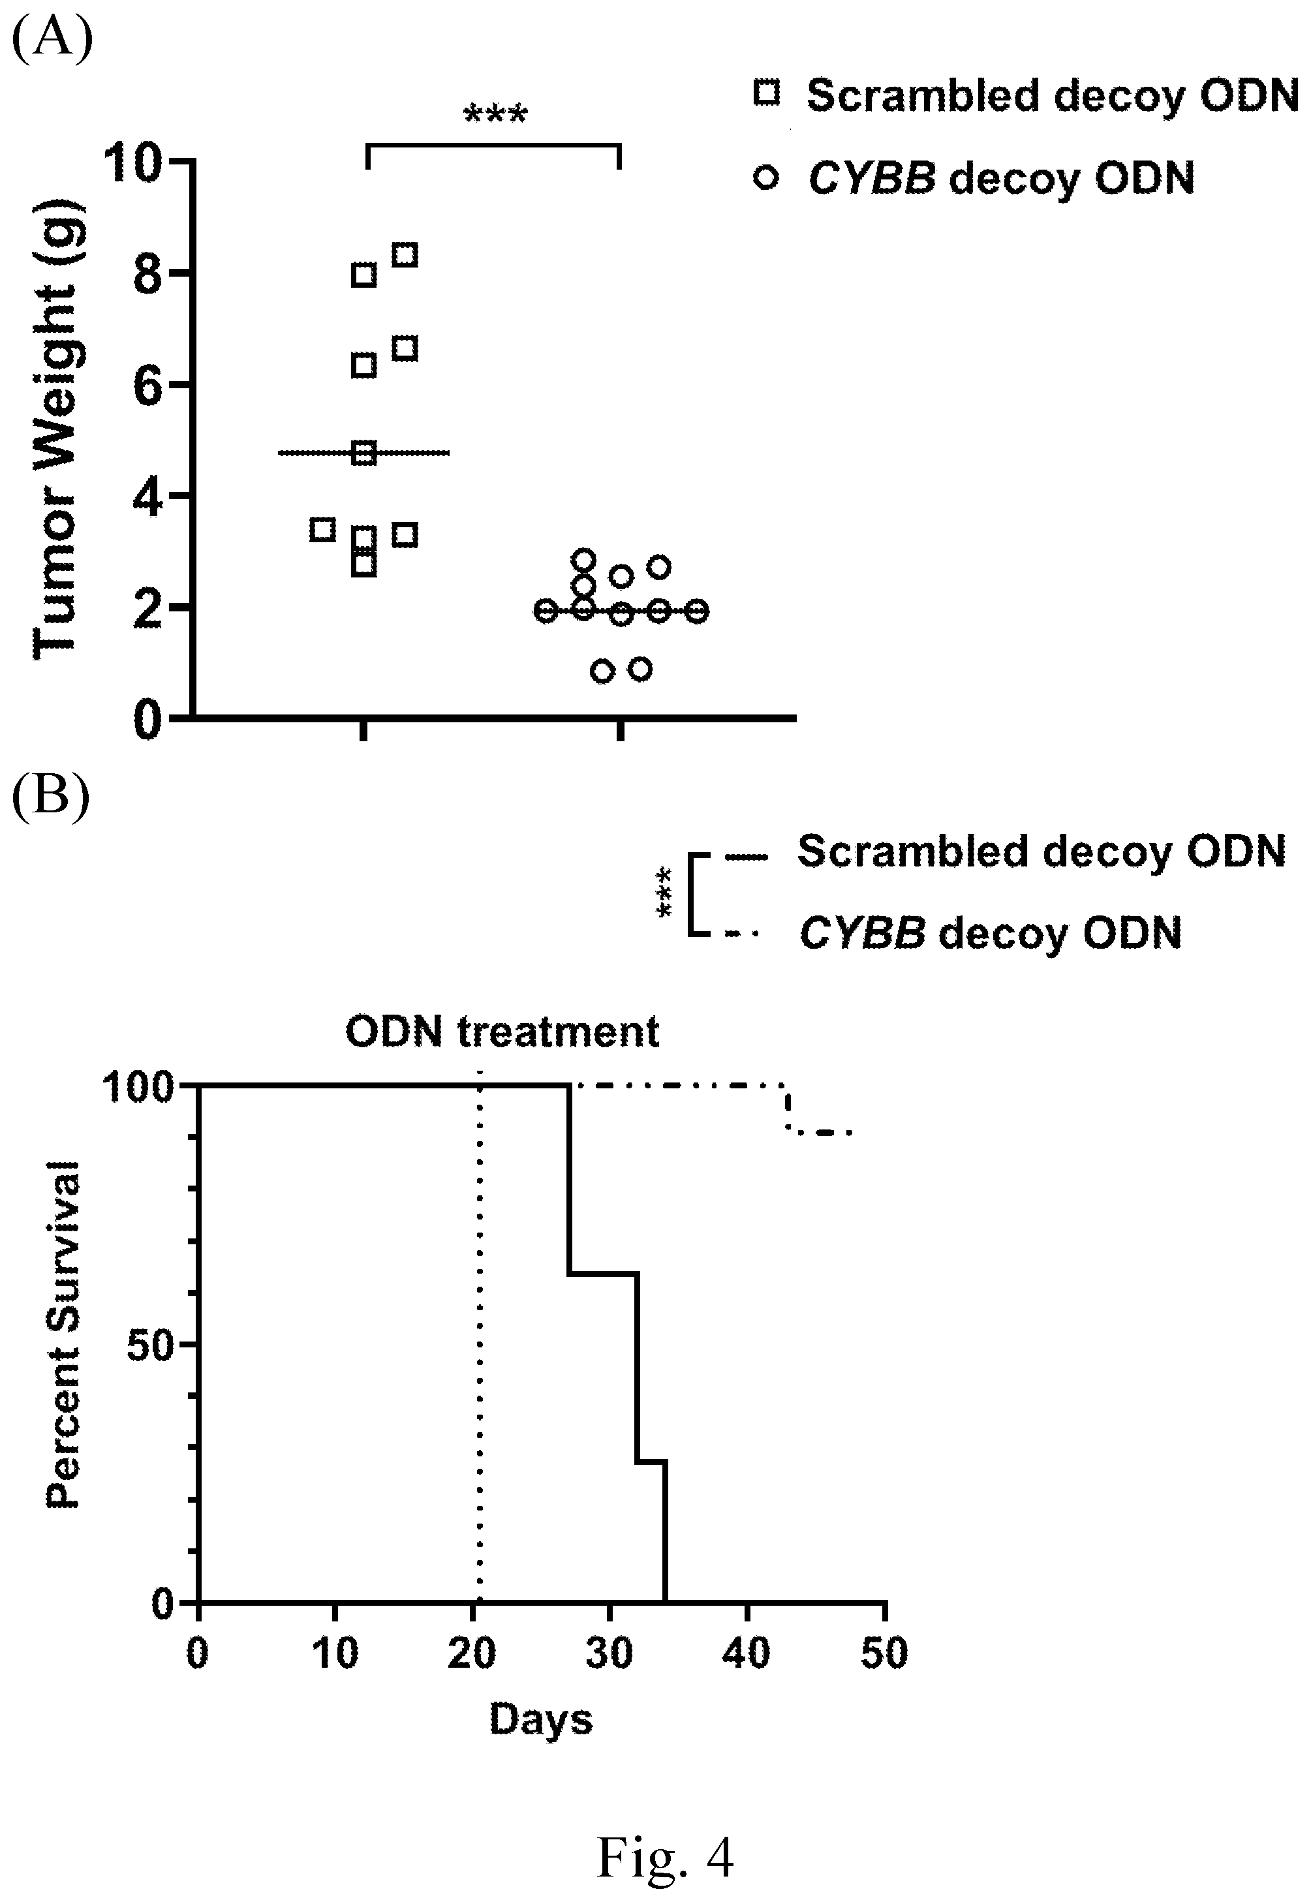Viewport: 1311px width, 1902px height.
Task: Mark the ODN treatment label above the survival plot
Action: [x=502, y=1032]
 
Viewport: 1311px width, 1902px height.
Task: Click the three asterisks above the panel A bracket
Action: [x=495, y=115]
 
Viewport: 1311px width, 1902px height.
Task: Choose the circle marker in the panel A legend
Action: [x=766, y=177]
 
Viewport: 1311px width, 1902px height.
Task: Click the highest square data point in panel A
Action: [x=405, y=254]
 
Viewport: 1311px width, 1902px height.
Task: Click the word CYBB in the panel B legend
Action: [x=863, y=934]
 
